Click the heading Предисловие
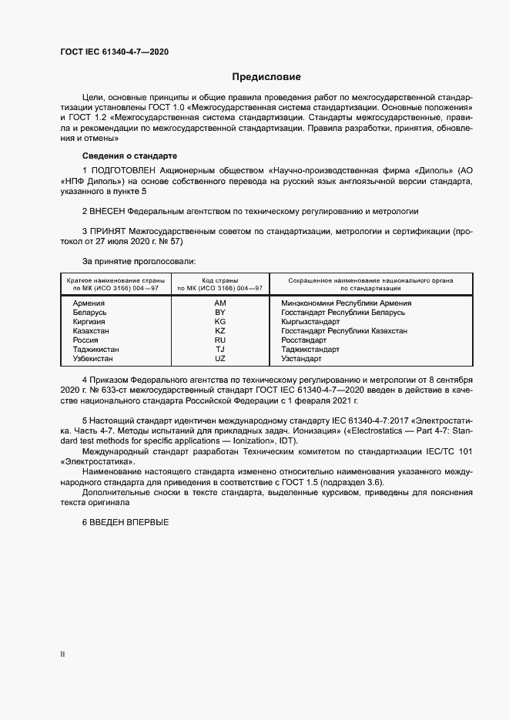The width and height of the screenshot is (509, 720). pos(266,77)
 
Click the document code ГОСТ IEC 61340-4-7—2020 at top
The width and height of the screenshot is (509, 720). pos(114,52)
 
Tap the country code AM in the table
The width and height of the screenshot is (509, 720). pos(220,303)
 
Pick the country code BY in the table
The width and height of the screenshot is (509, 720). pos(220,313)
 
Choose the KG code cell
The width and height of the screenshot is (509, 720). pos(220,322)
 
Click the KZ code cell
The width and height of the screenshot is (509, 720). pos(220,331)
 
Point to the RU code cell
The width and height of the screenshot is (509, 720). pos(220,340)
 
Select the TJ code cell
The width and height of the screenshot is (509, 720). pos(220,350)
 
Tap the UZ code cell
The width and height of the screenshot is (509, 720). pos(220,359)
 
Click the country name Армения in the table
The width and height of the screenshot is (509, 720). pos(89,303)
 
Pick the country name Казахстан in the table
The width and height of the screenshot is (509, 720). pos(91,331)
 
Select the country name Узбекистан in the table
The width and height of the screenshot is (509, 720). pos(92,359)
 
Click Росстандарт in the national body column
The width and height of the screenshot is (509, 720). pos(304,340)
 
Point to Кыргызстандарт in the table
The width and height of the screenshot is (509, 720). pos(313,322)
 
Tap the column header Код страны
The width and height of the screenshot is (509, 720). pos(220,281)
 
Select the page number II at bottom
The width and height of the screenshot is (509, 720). pos(62,654)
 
